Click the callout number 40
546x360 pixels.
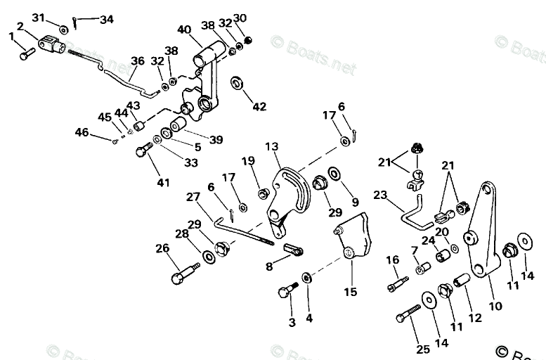click(x=183, y=30)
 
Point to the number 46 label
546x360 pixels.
click(x=82, y=131)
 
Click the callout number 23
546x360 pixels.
click(x=380, y=195)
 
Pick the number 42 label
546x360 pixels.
click(x=259, y=107)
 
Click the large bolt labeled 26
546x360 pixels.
click(x=184, y=271)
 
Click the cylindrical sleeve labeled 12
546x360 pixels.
click(x=462, y=282)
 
